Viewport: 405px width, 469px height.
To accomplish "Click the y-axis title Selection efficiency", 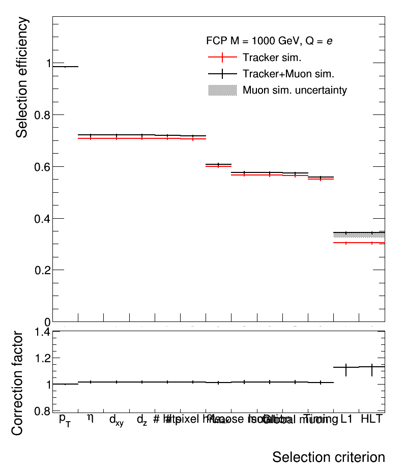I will [22, 77].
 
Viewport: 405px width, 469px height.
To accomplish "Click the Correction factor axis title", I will [17, 383].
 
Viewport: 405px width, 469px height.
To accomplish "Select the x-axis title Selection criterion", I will [328, 456].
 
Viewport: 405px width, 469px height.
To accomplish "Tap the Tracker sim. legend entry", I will [275, 57].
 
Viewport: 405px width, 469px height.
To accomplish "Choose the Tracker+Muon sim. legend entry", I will [288, 74].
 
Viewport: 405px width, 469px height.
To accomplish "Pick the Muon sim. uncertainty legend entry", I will [295, 90].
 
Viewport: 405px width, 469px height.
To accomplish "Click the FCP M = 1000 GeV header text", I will [270, 40].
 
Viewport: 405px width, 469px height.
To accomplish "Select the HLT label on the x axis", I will [371, 419].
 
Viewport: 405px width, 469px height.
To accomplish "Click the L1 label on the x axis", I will [346, 419].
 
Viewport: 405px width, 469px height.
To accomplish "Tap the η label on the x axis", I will [91, 418].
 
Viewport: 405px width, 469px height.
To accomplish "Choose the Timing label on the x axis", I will [321, 419].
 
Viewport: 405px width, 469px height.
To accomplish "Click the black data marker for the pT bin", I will [65, 67].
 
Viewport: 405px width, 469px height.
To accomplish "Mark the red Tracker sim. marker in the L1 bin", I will [346, 243].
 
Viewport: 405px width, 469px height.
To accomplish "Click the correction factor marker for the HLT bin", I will [372, 367].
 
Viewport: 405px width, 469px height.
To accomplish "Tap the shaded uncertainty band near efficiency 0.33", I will [359, 235].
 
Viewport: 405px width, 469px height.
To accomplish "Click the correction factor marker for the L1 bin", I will [346, 367].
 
